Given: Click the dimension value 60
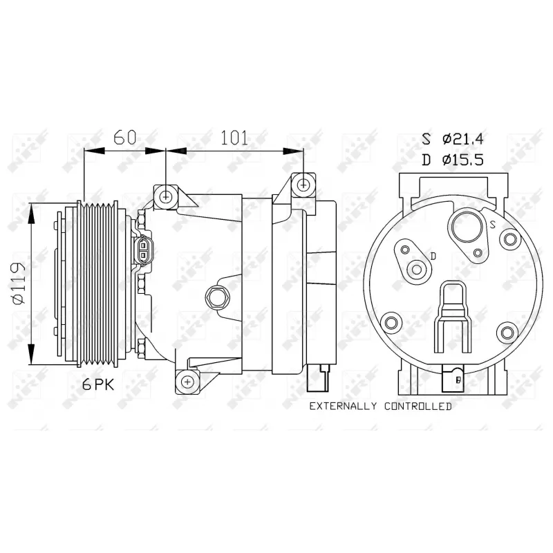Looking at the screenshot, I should point(124,137).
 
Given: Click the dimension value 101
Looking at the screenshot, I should point(234,137).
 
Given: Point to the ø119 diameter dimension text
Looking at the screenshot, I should point(19,283).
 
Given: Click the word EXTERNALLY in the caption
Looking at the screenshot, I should point(344,406).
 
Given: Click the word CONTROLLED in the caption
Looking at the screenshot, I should point(417,406).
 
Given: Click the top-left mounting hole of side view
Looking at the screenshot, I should point(165,196).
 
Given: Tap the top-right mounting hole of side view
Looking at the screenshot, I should point(303,184).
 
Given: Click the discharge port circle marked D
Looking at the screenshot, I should point(418,270).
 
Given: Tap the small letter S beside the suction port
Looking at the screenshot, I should point(492,225).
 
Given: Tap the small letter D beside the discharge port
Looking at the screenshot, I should point(432,256).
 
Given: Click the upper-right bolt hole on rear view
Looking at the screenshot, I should point(510,240).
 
